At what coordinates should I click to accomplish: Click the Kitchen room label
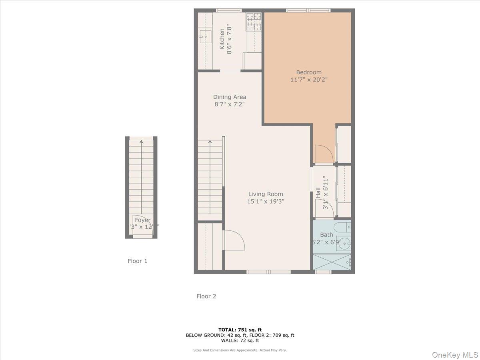tap(222, 39)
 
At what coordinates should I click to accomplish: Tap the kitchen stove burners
tap(253, 22)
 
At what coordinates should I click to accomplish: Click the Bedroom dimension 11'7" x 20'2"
tap(309, 80)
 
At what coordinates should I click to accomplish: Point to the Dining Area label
tap(230, 97)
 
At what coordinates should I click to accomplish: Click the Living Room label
tap(265, 194)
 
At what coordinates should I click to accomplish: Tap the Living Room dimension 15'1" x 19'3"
tap(265, 202)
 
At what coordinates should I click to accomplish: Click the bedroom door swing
tap(323, 154)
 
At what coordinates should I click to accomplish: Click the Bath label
tap(326, 235)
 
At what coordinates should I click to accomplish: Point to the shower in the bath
tap(332, 262)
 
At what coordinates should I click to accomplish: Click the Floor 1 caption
tap(138, 261)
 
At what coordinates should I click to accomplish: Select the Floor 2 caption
tap(206, 296)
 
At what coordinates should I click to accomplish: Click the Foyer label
tap(142, 220)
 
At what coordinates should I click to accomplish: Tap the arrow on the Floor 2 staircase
tap(210, 142)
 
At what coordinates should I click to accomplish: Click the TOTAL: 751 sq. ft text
tap(240, 330)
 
